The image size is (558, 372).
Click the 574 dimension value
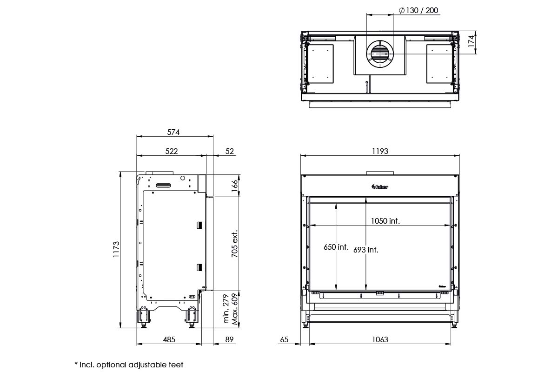pos(173,132)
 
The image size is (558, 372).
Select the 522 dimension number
pos(172,151)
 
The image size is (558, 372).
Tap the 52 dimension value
pos(229,151)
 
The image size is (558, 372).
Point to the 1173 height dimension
pos(116,249)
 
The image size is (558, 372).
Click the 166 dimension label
pos(235,186)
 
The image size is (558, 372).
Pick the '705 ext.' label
pos(235,244)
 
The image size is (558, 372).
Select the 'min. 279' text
pos(226,309)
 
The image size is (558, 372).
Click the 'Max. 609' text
pos(235,309)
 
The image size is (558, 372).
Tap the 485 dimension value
pos(169,339)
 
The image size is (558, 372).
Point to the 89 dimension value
pos(229,339)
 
